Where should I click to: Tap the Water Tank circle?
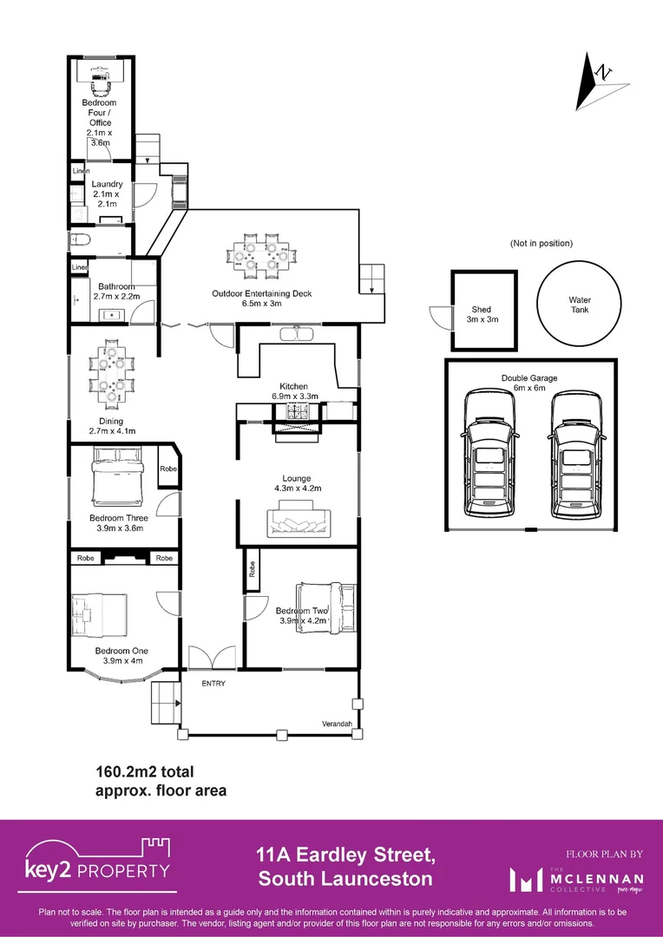(580, 305)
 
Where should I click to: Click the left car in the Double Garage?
(491, 455)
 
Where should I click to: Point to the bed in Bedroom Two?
(326, 607)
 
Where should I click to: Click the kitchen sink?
(297, 334)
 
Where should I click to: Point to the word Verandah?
(337, 723)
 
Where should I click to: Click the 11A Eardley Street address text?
(345, 856)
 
